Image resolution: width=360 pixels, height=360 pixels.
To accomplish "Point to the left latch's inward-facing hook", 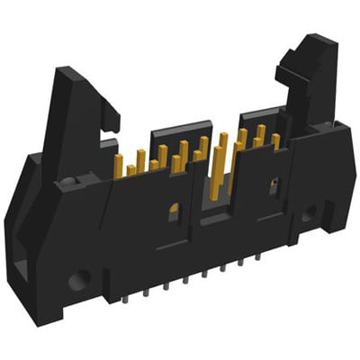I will pyautogui.click(x=110, y=116).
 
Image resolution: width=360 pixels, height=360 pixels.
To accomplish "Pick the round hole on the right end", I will pyautogui.click(x=309, y=215).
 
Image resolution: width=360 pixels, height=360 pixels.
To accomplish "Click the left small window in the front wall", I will pyautogui.click(x=175, y=212).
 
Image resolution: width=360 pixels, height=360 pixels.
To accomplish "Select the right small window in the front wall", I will pyautogui.click(x=274, y=185).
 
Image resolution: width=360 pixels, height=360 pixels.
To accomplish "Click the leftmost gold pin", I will pyautogui.click(x=118, y=164).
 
